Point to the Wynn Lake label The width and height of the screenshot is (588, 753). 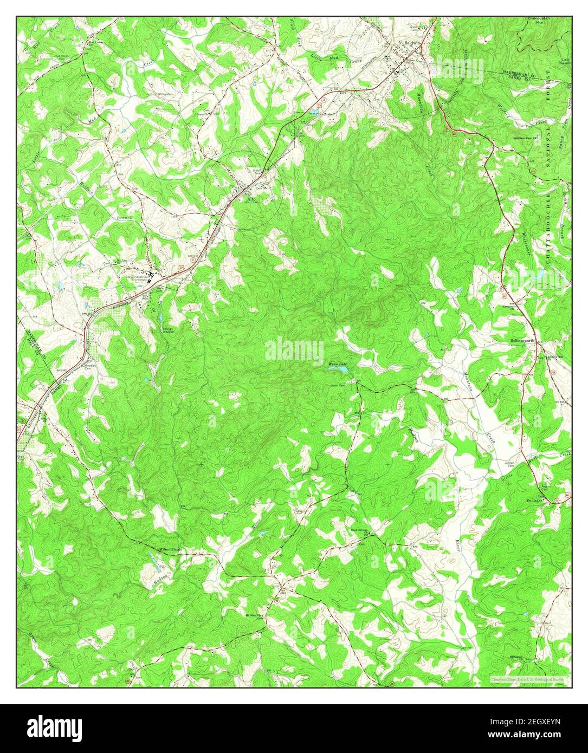[337, 364]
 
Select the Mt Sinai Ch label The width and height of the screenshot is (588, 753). [253, 615]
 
